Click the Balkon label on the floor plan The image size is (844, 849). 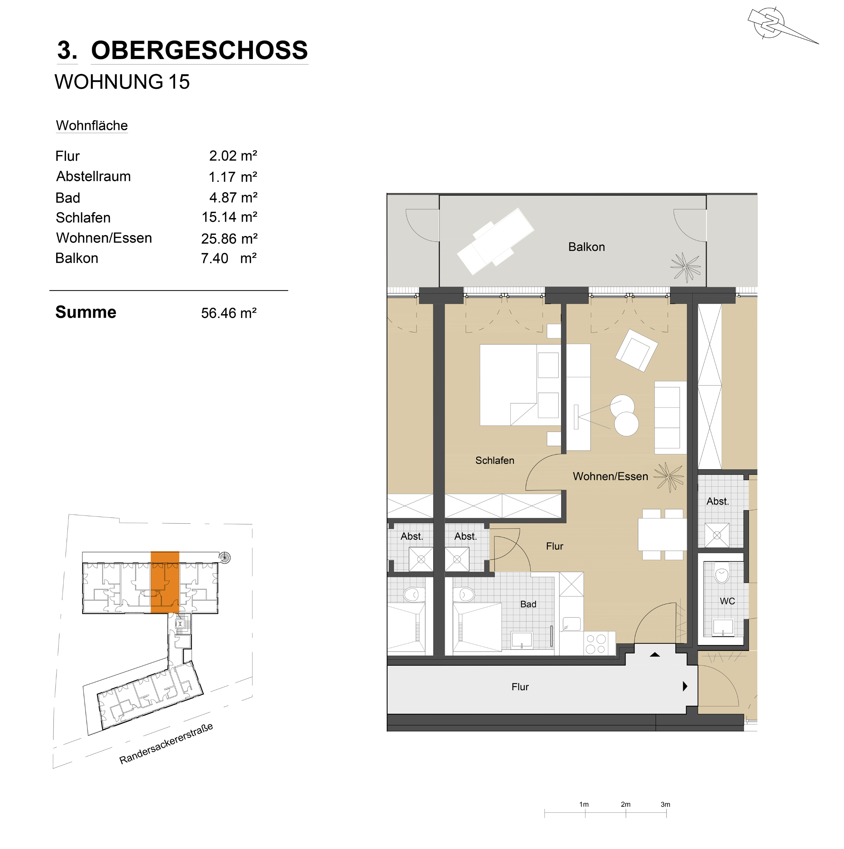pyautogui.click(x=586, y=247)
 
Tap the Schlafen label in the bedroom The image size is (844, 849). pyautogui.click(x=494, y=460)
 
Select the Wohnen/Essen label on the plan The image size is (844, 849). pyautogui.click(x=610, y=476)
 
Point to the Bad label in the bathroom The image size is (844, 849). pyautogui.click(x=528, y=604)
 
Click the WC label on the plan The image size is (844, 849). pyautogui.click(x=727, y=601)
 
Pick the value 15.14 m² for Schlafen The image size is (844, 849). pyautogui.click(x=229, y=217)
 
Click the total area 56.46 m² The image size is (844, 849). pyautogui.click(x=229, y=313)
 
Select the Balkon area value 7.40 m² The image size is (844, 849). pyautogui.click(x=229, y=258)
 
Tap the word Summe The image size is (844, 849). pyautogui.click(x=86, y=312)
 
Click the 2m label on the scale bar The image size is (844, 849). pyautogui.click(x=626, y=804)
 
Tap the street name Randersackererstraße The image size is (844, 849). pyautogui.click(x=166, y=744)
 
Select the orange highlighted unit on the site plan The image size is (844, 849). pyautogui.click(x=165, y=582)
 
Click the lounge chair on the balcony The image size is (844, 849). pyautogui.click(x=496, y=241)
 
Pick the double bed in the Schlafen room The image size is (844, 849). pyautogui.click(x=520, y=385)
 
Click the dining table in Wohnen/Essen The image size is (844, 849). pyautogui.click(x=663, y=534)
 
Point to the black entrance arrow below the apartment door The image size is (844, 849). pyautogui.click(x=655, y=655)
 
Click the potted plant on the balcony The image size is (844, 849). pyautogui.click(x=685, y=267)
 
